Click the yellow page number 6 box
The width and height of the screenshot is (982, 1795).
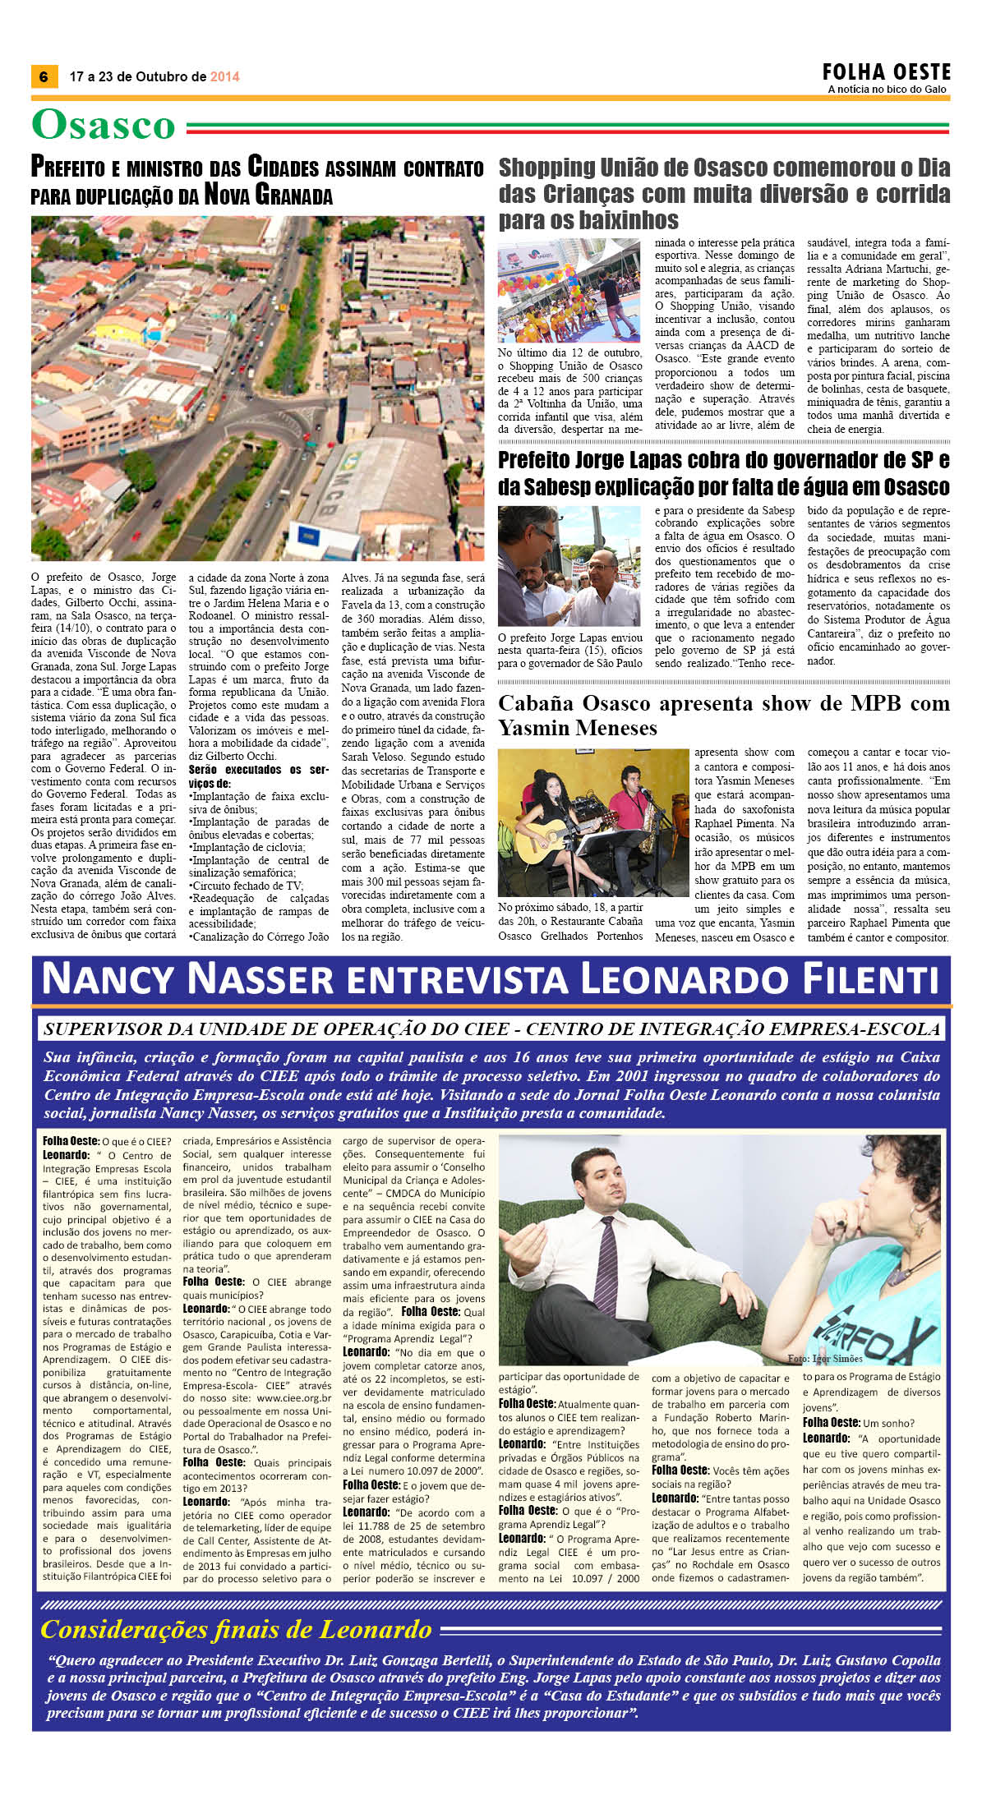[x=44, y=76]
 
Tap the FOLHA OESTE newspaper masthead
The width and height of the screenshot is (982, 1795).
[x=886, y=72]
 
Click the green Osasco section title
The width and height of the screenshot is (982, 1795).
[x=104, y=126]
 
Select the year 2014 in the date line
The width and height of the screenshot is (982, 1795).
[x=224, y=76]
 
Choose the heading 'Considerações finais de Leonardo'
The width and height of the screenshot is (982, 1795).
[x=236, y=1630]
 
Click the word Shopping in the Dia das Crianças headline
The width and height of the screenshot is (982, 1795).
[x=546, y=168]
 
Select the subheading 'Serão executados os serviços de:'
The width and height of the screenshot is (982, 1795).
[x=257, y=776]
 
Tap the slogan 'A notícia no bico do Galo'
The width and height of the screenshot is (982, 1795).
[x=887, y=90]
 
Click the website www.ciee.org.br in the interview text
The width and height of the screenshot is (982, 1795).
[x=293, y=1397]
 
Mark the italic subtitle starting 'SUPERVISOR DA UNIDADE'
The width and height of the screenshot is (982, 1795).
[x=491, y=1029]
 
